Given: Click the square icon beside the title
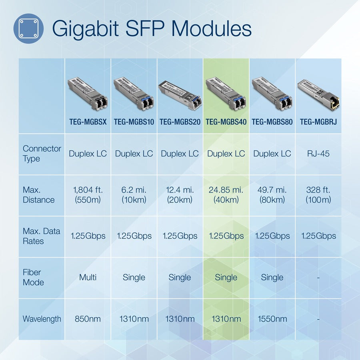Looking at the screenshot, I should tap(28, 28).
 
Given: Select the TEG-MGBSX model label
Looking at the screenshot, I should tap(88, 122).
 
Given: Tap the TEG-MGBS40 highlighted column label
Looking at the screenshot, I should tap(226, 122).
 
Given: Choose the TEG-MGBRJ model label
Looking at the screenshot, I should tap(318, 122).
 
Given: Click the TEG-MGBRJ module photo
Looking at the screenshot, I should tap(318, 94).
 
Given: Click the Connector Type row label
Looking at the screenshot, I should tap(42, 154).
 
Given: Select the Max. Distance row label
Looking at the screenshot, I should tap(38, 195).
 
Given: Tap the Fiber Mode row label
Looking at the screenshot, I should tap(33, 277).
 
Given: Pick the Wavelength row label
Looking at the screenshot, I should tap(42, 319).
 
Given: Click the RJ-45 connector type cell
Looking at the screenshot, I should tap(318, 154).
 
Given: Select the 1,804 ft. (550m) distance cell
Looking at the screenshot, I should tap(88, 195).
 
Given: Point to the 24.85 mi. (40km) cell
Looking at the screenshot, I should tap(226, 195).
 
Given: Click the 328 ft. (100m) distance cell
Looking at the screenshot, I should tap(318, 195).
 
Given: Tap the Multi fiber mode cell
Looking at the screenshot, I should tap(88, 277).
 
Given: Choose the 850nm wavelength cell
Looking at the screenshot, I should tap(88, 319).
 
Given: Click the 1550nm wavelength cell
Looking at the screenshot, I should tap(272, 319).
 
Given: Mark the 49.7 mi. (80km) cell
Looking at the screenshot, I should tap(272, 195).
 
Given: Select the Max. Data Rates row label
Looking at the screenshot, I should tap(41, 236).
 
